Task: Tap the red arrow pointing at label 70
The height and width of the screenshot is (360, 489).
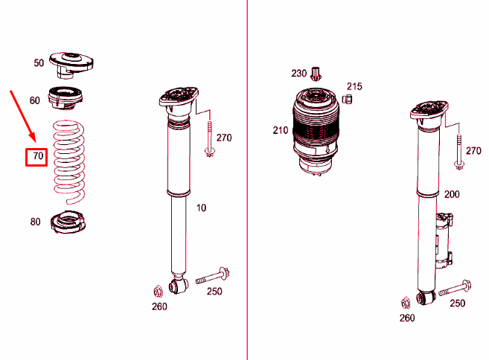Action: click(22, 116)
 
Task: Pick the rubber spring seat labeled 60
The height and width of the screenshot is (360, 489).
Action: click(67, 97)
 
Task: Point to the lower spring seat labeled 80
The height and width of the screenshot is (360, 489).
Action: click(68, 222)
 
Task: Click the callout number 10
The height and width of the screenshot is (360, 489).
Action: click(201, 208)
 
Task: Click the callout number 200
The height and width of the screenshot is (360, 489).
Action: click(452, 194)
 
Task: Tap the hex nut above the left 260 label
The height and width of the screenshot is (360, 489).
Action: click(158, 290)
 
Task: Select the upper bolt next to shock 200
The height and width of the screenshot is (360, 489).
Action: click(459, 149)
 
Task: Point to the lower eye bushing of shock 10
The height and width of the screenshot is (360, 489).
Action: click(179, 285)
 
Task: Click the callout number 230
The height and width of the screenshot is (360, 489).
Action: click(298, 73)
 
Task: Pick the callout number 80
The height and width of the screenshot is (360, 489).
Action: click(36, 222)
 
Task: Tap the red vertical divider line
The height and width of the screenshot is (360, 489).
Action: click(246, 179)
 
